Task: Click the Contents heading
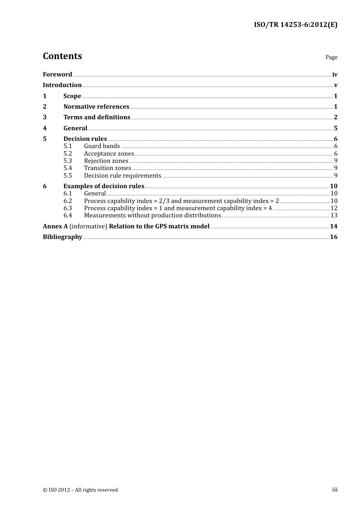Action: coord(63,56)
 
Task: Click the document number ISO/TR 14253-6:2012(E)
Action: coord(295,25)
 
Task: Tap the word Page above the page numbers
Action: coord(331,57)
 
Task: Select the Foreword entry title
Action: coord(57,75)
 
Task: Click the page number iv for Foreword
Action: coord(335,75)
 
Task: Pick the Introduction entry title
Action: coord(62,85)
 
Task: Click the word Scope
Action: coord(72,96)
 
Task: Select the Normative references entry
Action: coord(96,107)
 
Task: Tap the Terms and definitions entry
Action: coord(97,117)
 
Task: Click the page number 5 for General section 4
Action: coord(335,128)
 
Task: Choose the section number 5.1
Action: coord(67,146)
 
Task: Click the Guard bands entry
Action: coord(102,146)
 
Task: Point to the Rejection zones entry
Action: coord(106,161)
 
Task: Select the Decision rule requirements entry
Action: coord(122,176)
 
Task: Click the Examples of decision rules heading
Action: coord(104,186)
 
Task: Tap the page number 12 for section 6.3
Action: coord(334,208)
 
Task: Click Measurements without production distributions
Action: coord(152,215)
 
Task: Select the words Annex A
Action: coord(55,226)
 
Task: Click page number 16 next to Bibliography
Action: coord(333,237)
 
